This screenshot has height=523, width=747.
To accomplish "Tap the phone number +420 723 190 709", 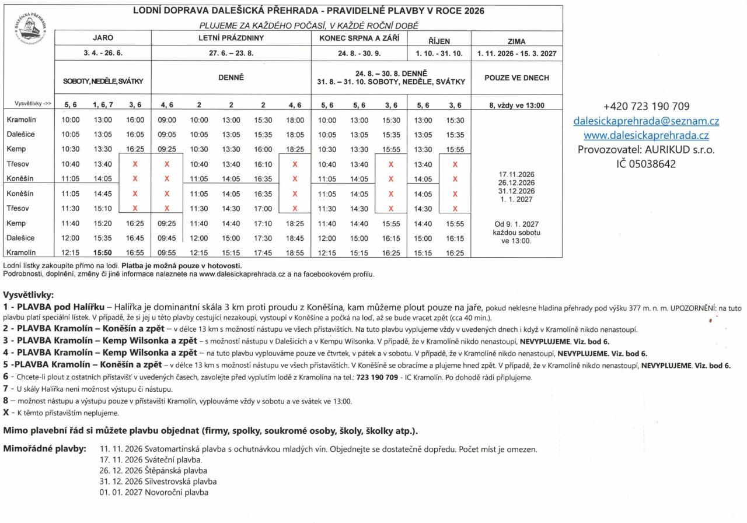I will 646,107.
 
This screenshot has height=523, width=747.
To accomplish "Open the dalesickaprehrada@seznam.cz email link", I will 646,121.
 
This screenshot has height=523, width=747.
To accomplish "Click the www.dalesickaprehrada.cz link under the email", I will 646,136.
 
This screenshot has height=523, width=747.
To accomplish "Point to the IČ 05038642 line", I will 646,164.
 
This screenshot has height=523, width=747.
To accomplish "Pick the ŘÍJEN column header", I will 438,41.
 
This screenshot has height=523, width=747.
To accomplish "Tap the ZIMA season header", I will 516,41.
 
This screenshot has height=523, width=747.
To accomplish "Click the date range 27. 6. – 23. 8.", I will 231,53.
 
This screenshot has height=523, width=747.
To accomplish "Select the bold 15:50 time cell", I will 103,252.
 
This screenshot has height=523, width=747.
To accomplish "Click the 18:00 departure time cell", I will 295,120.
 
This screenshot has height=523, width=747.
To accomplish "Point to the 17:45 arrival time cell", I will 263,252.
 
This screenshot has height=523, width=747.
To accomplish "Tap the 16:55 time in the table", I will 135,252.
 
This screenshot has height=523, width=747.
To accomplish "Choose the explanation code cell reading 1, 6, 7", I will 103,105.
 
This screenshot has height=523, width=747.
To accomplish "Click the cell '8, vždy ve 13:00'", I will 516,106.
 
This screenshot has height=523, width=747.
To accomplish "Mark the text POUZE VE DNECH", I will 516,78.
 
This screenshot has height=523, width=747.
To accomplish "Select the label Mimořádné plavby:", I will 45,449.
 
